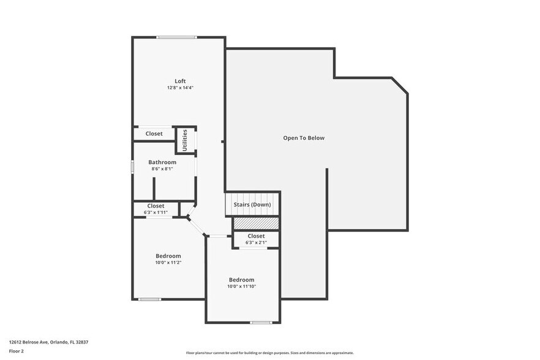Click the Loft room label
(180, 81)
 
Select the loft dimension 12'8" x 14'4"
(180, 88)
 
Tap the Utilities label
(185, 140)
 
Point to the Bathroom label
(162, 162)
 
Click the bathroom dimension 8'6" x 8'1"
(162, 169)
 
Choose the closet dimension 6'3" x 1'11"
(156, 212)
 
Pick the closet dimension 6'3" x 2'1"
(256, 242)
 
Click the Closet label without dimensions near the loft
(154, 133)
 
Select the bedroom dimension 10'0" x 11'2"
(168, 263)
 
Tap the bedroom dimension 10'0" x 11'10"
(241, 287)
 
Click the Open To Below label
(304, 138)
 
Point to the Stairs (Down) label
(252, 204)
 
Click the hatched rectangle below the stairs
(256, 223)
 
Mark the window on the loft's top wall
(176, 37)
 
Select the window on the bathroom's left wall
(132, 167)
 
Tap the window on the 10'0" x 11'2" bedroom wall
(149, 299)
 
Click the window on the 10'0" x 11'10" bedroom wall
(260, 323)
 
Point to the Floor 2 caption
(16, 351)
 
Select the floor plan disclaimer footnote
(269, 353)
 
